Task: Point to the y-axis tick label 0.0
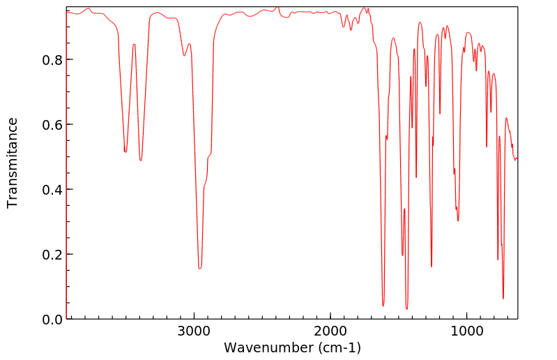point(51,320)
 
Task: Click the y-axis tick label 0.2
point(51,255)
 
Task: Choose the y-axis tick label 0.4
point(51,190)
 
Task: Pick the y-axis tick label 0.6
point(51,125)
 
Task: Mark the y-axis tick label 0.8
point(51,60)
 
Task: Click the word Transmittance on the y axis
point(13,163)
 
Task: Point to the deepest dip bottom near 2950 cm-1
point(200,268)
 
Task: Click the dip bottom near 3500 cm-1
point(125,151)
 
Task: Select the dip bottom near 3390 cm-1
point(141,160)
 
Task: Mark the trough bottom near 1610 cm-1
point(383,306)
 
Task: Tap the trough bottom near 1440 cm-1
point(406,308)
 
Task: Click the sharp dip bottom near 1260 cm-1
point(432,267)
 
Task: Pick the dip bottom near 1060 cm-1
point(458,220)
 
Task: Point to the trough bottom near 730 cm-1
point(503,299)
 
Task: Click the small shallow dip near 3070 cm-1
point(185,56)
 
